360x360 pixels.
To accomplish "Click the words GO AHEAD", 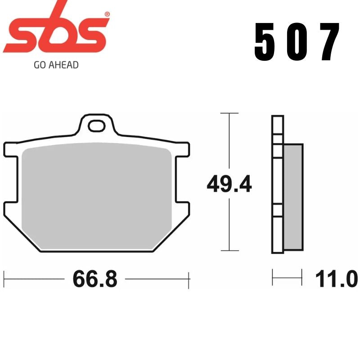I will (56, 65).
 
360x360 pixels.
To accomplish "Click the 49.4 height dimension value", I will (229, 184).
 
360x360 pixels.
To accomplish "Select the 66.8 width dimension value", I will (94, 279).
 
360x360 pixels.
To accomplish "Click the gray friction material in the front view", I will (97, 198).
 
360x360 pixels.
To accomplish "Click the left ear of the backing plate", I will (13, 173).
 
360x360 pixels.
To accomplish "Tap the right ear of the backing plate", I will (181, 173).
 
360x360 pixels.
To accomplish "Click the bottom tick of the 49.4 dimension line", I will (230, 251).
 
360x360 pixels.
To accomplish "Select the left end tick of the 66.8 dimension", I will (4, 279).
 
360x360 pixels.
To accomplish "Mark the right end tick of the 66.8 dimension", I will (189, 279).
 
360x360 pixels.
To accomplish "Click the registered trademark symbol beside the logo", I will (107, 14).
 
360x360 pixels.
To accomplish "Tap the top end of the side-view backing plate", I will (277, 118).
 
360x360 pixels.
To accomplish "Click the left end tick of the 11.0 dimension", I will (273, 277).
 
